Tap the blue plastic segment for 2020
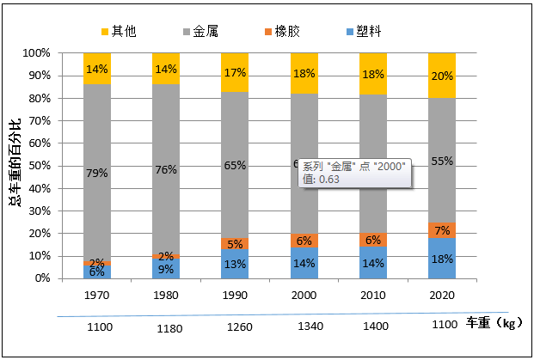click(441, 258)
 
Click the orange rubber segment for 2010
click(372, 240)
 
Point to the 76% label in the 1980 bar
click(166, 169)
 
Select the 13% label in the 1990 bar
click(235, 264)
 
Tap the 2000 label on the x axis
click(304, 294)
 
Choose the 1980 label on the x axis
click(166, 294)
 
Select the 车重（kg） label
click(495, 322)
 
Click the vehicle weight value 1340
click(304, 326)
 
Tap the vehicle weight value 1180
click(169, 328)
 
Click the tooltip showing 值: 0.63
click(353, 172)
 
